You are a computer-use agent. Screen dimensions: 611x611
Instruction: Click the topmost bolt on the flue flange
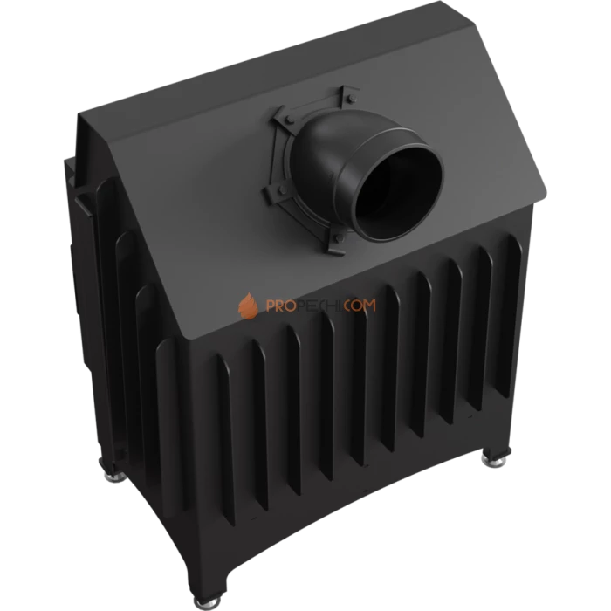(x=350, y=98)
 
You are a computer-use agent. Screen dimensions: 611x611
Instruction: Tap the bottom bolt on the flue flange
(x=339, y=237)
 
